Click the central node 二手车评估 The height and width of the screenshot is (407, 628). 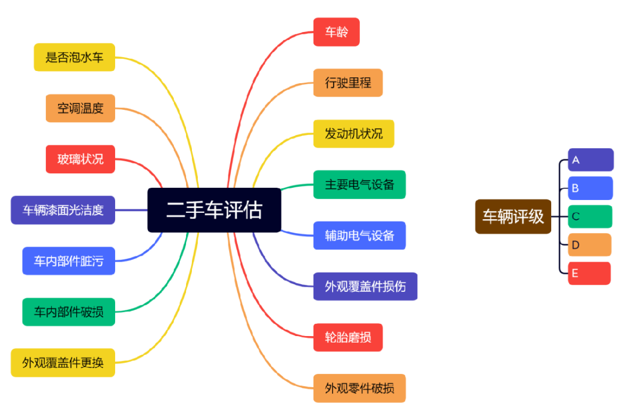pyautogui.click(x=214, y=210)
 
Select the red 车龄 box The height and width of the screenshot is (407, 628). pyautogui.click(x=336, y=32)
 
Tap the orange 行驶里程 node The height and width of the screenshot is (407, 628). pyautogui.click(x=348, y=83)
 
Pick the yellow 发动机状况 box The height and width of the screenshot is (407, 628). pyautogui.click(x=354, y=134)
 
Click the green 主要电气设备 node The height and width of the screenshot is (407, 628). pyautogui.click(x=359, y=184)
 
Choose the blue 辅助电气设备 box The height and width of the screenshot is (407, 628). pyautogui.click(x=359, y=235)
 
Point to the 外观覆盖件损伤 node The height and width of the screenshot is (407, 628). pyautogui.click(x=365, y=286)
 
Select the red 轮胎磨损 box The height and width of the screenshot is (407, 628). pyautogui.click(x=348, y=337)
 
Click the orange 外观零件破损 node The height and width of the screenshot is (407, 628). pyautogui.click(x=359, y=388)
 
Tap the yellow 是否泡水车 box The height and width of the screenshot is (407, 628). pyautogui.click(x=74, y=57)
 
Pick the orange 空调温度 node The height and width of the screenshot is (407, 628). pyautogui.click(x=80, y=108)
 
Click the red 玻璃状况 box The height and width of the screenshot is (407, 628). pyautogui.click(x=80, y=159)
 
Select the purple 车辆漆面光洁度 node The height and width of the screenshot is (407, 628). pyautogui.click(x=63, y=210)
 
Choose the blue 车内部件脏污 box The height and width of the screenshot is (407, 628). pyautogui.click(x=69, y=260)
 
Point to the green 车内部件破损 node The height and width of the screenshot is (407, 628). pyautogui.click(x=69, y=312)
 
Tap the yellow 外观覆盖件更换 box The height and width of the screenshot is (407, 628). pyautogui.click(x=63, y=363)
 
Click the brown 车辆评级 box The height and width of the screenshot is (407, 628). pyautogui.click(x=513, y=216)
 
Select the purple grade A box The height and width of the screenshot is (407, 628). pyautogui.click(x=590, y=160)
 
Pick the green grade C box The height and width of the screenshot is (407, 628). pyautogui.click(x=590, y=216)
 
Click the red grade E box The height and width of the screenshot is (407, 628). pyautogui.click(x=589, y=273)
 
